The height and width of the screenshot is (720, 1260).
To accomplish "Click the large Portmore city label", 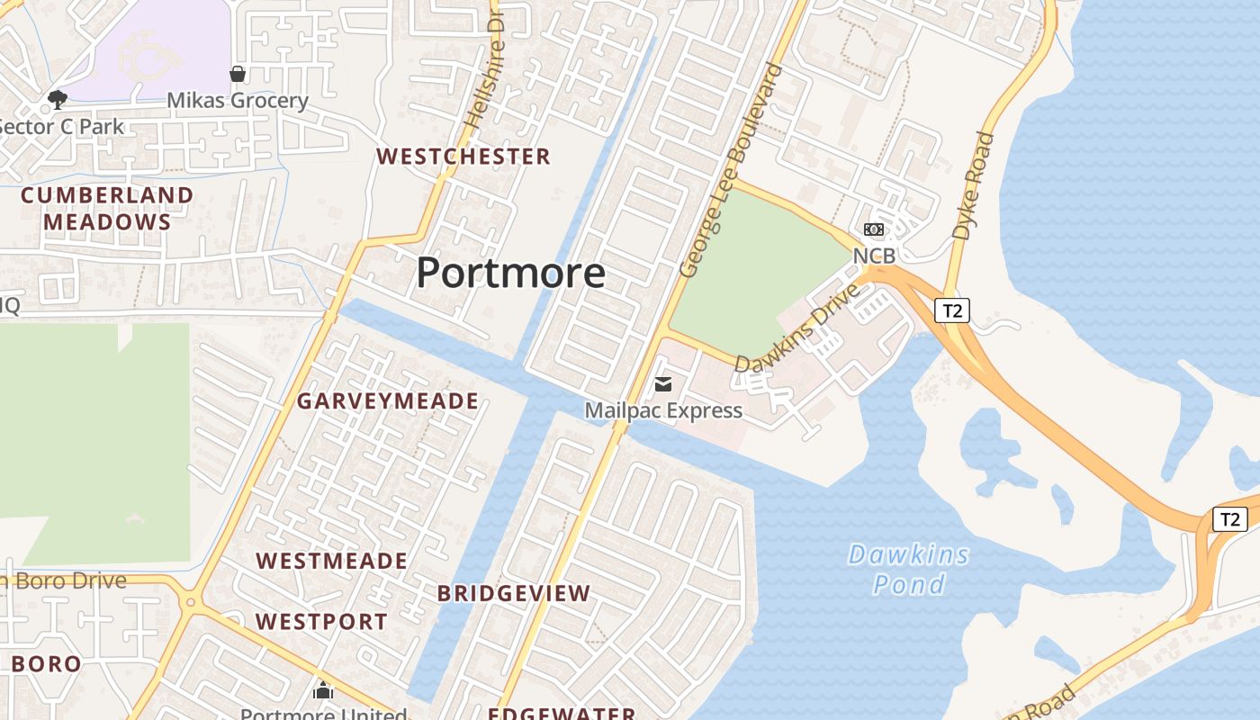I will (x=510, y=273).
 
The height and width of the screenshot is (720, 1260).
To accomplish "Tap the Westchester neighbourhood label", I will (x=463, y=157).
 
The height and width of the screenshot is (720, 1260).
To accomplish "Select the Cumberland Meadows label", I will (x=107, y=208).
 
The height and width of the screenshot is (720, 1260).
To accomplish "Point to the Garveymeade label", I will (x=388, y=401).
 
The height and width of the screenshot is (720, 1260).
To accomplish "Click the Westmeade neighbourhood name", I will (x=332, y=562).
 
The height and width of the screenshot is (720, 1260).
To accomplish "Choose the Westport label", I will (x=321, y=622).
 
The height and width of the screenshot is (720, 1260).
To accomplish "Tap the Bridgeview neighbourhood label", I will (x=514, y=594).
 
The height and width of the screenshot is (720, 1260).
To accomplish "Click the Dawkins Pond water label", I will (x=909, y=569).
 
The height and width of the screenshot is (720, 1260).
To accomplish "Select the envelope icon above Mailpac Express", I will (x=663, y=385).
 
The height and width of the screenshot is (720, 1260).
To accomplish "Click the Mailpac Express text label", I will (x=663, y=411).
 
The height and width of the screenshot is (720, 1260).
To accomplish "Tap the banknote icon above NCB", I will (x=873, y=229).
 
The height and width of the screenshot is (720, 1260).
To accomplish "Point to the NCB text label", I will (x=874, y=256).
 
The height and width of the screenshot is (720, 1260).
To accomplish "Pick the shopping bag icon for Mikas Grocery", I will (x=238, y=74).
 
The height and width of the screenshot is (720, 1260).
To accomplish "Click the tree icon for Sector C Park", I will (x=58, y=99).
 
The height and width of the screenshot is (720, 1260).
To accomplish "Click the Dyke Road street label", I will (x=973, y=186).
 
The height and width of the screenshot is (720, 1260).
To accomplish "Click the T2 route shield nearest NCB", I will (x=951, y=311).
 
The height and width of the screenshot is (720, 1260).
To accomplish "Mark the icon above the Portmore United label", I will (x=323, y=690).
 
